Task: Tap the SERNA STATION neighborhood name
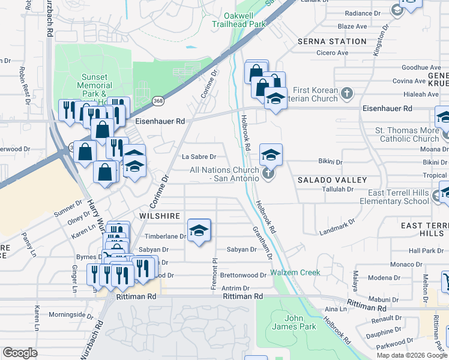coord(332,41)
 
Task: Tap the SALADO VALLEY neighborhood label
coord(332,180)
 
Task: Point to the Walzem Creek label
coord(295,272)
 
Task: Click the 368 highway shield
coord(157,101)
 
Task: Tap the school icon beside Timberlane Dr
coord(199,230)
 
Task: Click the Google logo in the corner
coord(20,353)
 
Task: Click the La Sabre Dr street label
coord(199,157)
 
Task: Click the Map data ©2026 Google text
coord(411,355)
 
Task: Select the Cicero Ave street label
coord(333,53)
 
